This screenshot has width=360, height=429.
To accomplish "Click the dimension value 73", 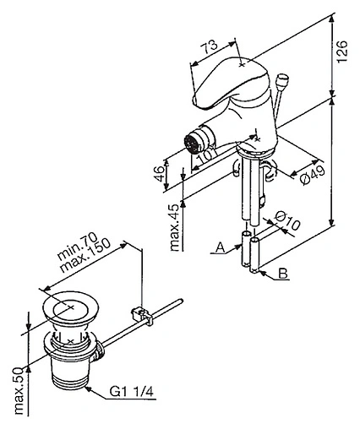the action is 210,46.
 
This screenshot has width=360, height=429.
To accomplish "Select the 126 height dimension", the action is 342,52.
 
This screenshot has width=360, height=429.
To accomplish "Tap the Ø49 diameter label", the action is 313,175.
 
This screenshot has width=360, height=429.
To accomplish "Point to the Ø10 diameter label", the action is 287,220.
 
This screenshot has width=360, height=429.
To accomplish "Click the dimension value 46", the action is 160,174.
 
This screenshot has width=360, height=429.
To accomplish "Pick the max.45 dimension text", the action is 175,227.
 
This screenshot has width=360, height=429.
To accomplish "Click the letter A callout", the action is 221,248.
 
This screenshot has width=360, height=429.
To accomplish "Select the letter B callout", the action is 283,274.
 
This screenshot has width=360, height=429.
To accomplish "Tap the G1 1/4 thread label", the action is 132,391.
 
